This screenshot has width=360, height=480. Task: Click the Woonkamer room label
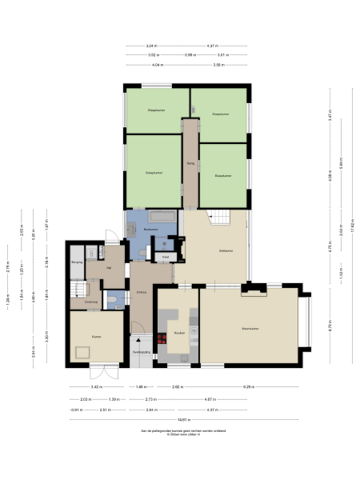tap(254, 328)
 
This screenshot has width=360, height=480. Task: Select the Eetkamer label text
tap(226, 251)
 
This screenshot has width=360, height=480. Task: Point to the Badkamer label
tap(150, 230)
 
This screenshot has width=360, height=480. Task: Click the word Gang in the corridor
tap(190, 163)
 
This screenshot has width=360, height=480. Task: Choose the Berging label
tap(78, 262)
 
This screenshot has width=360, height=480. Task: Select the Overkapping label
tap(141, 351)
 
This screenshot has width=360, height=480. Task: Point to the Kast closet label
tap(166, 256)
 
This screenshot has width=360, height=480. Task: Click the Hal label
tap(109, 268)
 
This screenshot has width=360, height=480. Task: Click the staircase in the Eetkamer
tap(219, 216)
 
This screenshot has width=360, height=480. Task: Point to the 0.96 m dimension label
tap(189, 54)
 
